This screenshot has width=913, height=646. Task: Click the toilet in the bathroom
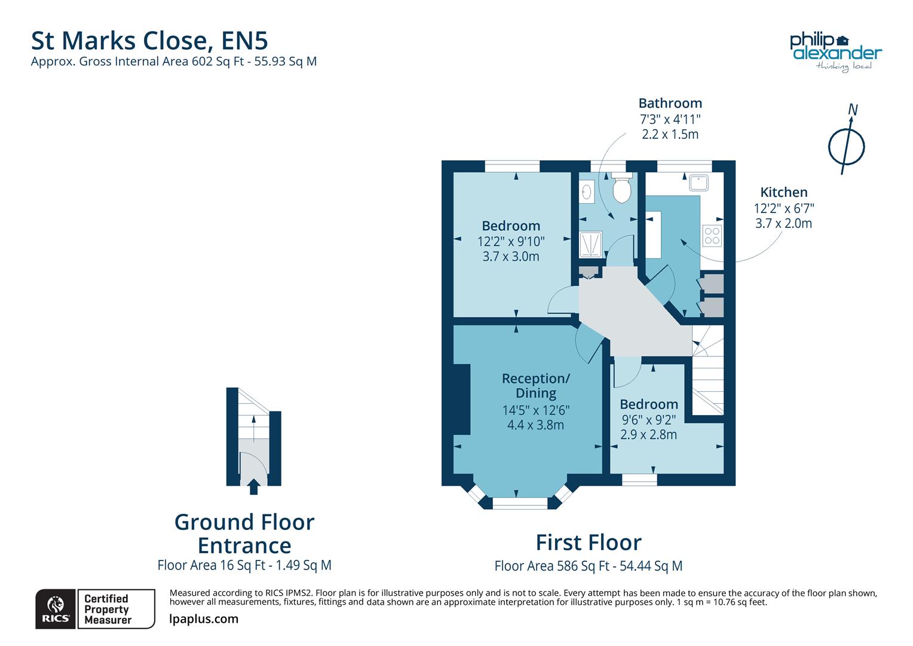click(621, 188)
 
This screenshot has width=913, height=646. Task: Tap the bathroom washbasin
click(587, 192)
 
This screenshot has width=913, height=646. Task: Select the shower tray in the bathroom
click(590, 245)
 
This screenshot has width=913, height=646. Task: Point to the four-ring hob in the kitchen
click(712, 235)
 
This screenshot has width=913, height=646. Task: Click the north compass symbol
click(846, 144)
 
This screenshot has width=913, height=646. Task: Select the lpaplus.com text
click(204, 619)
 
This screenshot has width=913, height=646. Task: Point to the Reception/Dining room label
click(535, 386)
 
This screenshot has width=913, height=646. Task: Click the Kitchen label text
click(783, 192)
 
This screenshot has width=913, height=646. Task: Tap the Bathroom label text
click(670, 103)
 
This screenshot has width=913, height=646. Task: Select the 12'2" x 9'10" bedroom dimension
click(511, 241)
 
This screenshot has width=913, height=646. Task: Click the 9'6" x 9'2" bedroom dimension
click(648, 419)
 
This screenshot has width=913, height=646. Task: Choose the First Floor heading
click(588, 542)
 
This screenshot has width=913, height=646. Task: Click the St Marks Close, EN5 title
click(149, 40)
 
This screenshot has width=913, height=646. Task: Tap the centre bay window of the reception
click(519, 504)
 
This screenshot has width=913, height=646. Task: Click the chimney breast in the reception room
click(461, 399)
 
